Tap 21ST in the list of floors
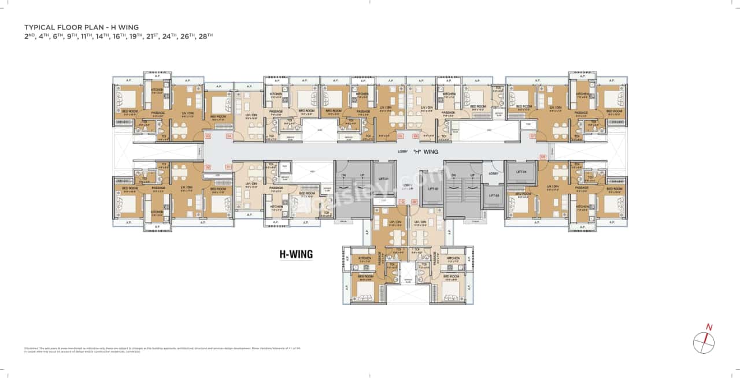[146, 36]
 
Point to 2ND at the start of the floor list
[29, 36]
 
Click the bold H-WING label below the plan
[295, 253]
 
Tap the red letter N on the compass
[709, 328]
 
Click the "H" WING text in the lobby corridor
[425, 151]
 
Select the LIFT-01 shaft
[383, 179]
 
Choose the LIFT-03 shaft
[493, 196]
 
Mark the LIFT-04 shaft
[521, 172]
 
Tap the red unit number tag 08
[542, 157]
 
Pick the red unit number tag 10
[401, 201]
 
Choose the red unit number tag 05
[399, 136]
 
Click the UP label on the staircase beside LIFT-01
[361, 175]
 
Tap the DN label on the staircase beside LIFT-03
[457, 175]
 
